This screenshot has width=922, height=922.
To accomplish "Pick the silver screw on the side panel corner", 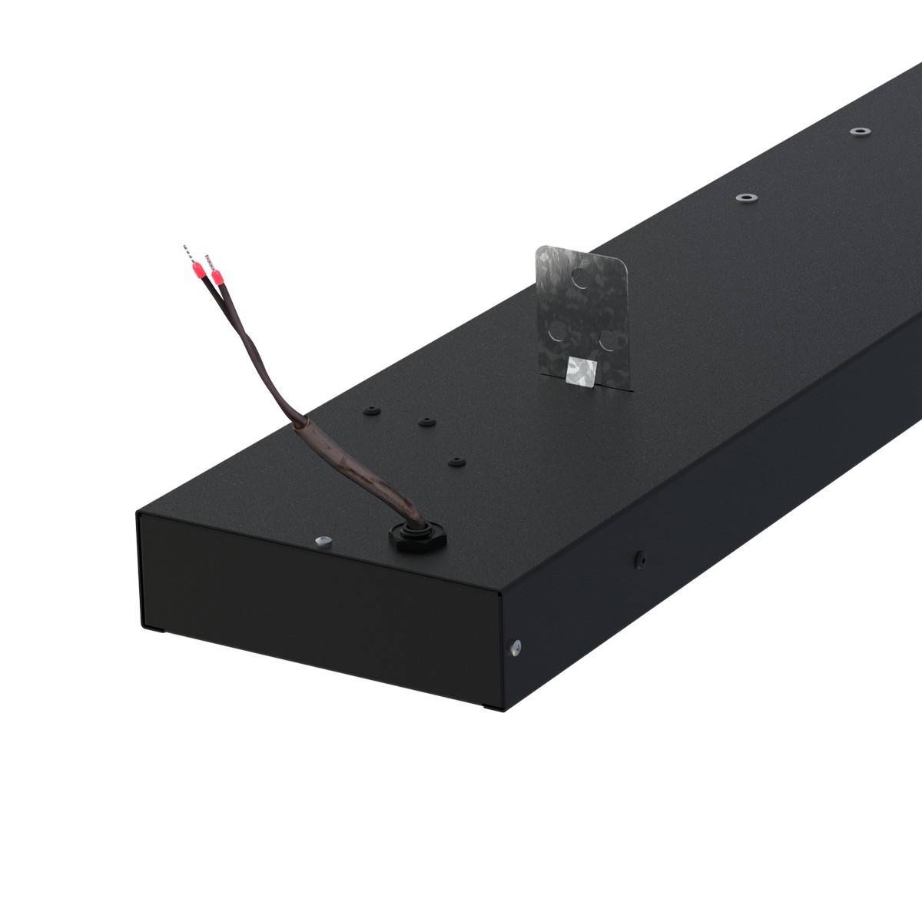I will [516, 645].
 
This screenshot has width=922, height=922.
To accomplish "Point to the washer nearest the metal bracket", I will [745, 197].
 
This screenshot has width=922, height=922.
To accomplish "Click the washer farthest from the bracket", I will [859, 131].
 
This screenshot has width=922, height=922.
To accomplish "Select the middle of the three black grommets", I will [424, 422].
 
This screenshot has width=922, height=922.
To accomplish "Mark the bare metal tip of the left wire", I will [186, 250].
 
